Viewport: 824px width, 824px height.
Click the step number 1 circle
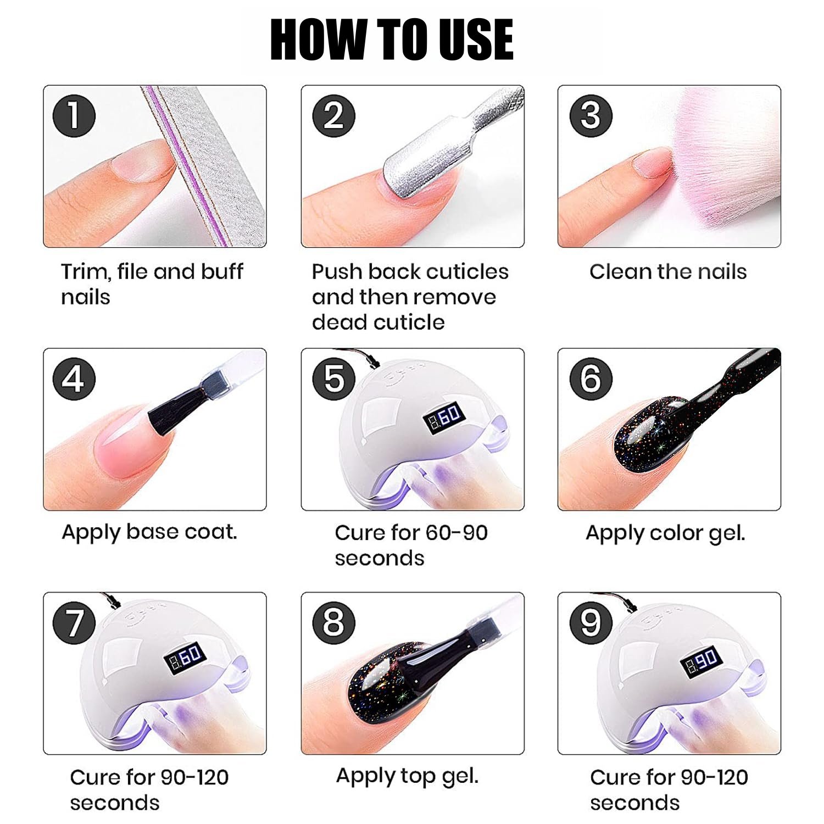point(74,116)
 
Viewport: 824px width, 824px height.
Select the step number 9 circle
point(591,622)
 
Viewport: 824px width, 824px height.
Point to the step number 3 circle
point(591,116)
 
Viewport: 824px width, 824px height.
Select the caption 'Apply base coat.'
point(149,532)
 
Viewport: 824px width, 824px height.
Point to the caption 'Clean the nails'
point(668,271)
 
